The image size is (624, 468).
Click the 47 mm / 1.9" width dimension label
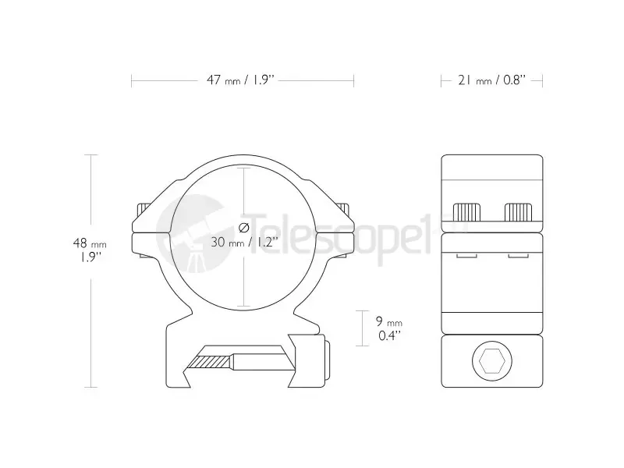tap(241, 80)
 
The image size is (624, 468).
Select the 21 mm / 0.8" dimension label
tap(492, 80)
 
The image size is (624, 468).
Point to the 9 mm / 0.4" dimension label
tap(388, 328)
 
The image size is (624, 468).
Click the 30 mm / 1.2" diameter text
tap(244, 242)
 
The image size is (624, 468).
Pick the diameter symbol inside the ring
tap(244, 228)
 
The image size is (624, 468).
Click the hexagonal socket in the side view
tap(492, 361)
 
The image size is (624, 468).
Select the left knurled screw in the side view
tap(466, 212)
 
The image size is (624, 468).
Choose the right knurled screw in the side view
tap(518, 212)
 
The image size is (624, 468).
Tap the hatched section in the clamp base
tap(209, 362)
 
